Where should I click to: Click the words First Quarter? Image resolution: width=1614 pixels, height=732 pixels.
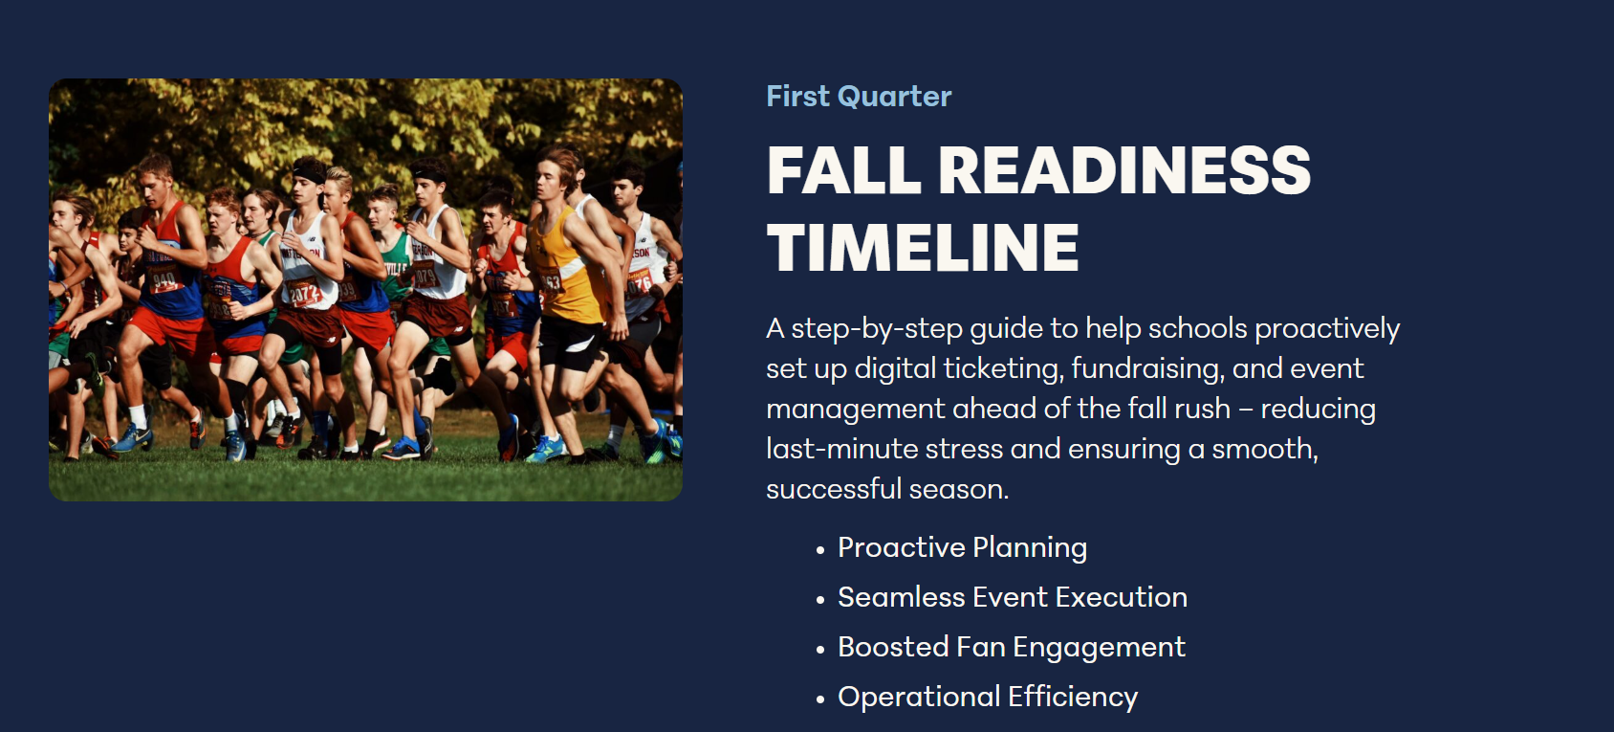[859, 97]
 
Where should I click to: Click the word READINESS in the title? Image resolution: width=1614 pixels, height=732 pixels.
[1124, 171]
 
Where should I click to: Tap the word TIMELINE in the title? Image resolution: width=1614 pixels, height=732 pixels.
[923, 248]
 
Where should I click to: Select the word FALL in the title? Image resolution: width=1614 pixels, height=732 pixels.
[843, 171]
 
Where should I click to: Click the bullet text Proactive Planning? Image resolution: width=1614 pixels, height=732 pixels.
[962, 548]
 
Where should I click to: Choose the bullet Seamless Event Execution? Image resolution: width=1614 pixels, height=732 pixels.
[1013, 597]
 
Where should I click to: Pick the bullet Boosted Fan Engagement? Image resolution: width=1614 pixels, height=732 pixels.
[1012, 648]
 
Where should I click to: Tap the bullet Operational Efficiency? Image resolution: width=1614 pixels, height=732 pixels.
[988, 698]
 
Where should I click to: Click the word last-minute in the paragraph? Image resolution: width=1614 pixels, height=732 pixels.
[841, 450]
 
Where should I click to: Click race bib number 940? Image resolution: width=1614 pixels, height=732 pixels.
[164, 279]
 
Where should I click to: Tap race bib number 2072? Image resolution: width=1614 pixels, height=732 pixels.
[303, 293]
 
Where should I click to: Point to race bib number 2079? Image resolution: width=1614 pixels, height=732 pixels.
[424, 274]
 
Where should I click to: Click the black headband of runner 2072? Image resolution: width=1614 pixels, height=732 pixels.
[309, 173]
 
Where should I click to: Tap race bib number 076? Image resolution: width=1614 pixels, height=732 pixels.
[638, 284]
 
